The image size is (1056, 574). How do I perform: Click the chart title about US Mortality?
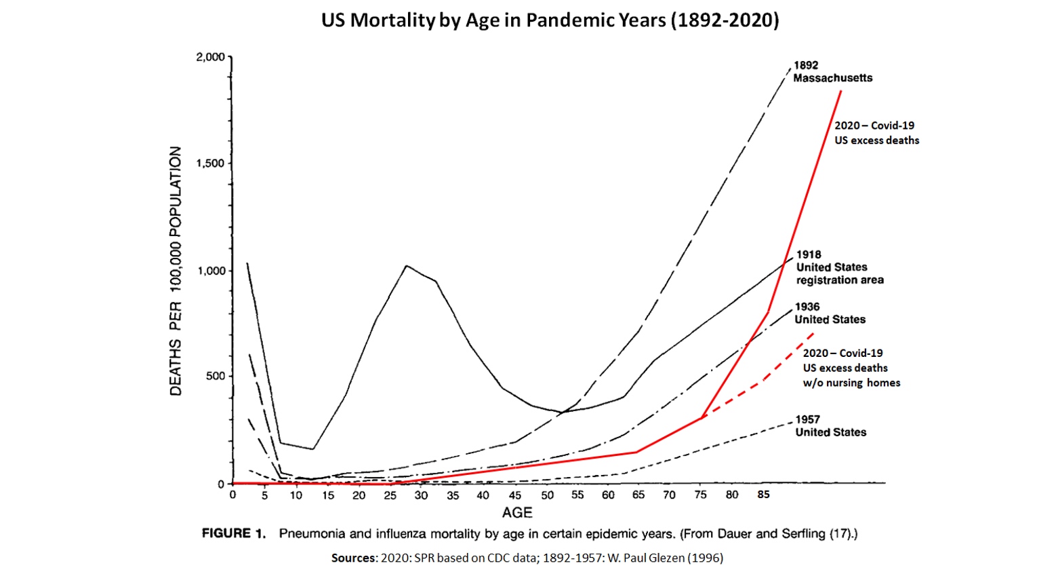pyautogui.click(x=550, y=20)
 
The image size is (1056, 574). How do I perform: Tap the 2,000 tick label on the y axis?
pyautogui.click(x=210, y=57)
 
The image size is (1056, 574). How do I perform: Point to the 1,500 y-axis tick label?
pyautogui.click(x=210, y=164)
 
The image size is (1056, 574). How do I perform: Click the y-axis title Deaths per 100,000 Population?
pyautogui.click(x=176, y=271)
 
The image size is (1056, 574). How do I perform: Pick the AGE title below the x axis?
pyautogui.click(x=517, y=512)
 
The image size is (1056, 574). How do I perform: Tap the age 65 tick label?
pyautogui.click(x=638, y=495)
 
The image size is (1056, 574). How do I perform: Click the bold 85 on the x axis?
pyautogui.click(x=763, y=495)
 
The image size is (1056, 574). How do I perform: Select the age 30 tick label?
pyautogui.click(x=421, y=495)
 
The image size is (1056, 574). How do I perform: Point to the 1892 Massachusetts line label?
pyautogui.click(x=832, y=72)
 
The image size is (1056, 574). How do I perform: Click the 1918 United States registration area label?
pyautogui.click(x=839, y=267)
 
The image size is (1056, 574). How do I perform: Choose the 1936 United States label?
pyautogui.click(x=830, y=313)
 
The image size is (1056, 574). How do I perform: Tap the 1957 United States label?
pyautogui.click(x=830, y=425)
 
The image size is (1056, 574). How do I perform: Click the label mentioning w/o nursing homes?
pyautogui.click(x=851, y=383)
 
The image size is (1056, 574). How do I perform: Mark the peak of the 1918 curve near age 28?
pyautogui.click(x=407, y=266)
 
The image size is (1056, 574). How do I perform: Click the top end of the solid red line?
pyautogui.click(x=841, y=91)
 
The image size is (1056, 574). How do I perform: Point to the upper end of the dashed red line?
pyautogui.click(x=813, y=333)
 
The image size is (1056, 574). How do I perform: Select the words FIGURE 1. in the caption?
pyautogui.click(x=233, y=533)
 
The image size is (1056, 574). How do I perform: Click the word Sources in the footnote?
pyautogui.click(x=353, y=558)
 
